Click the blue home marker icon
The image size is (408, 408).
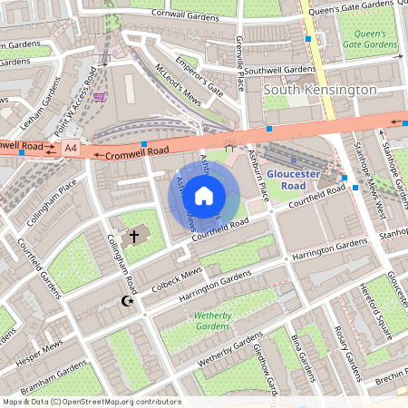204,195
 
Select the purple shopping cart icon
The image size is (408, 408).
99,97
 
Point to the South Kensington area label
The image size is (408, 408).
319,91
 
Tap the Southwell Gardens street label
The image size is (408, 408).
279,70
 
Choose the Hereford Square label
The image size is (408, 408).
375,316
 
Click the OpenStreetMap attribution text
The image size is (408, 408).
91,402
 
